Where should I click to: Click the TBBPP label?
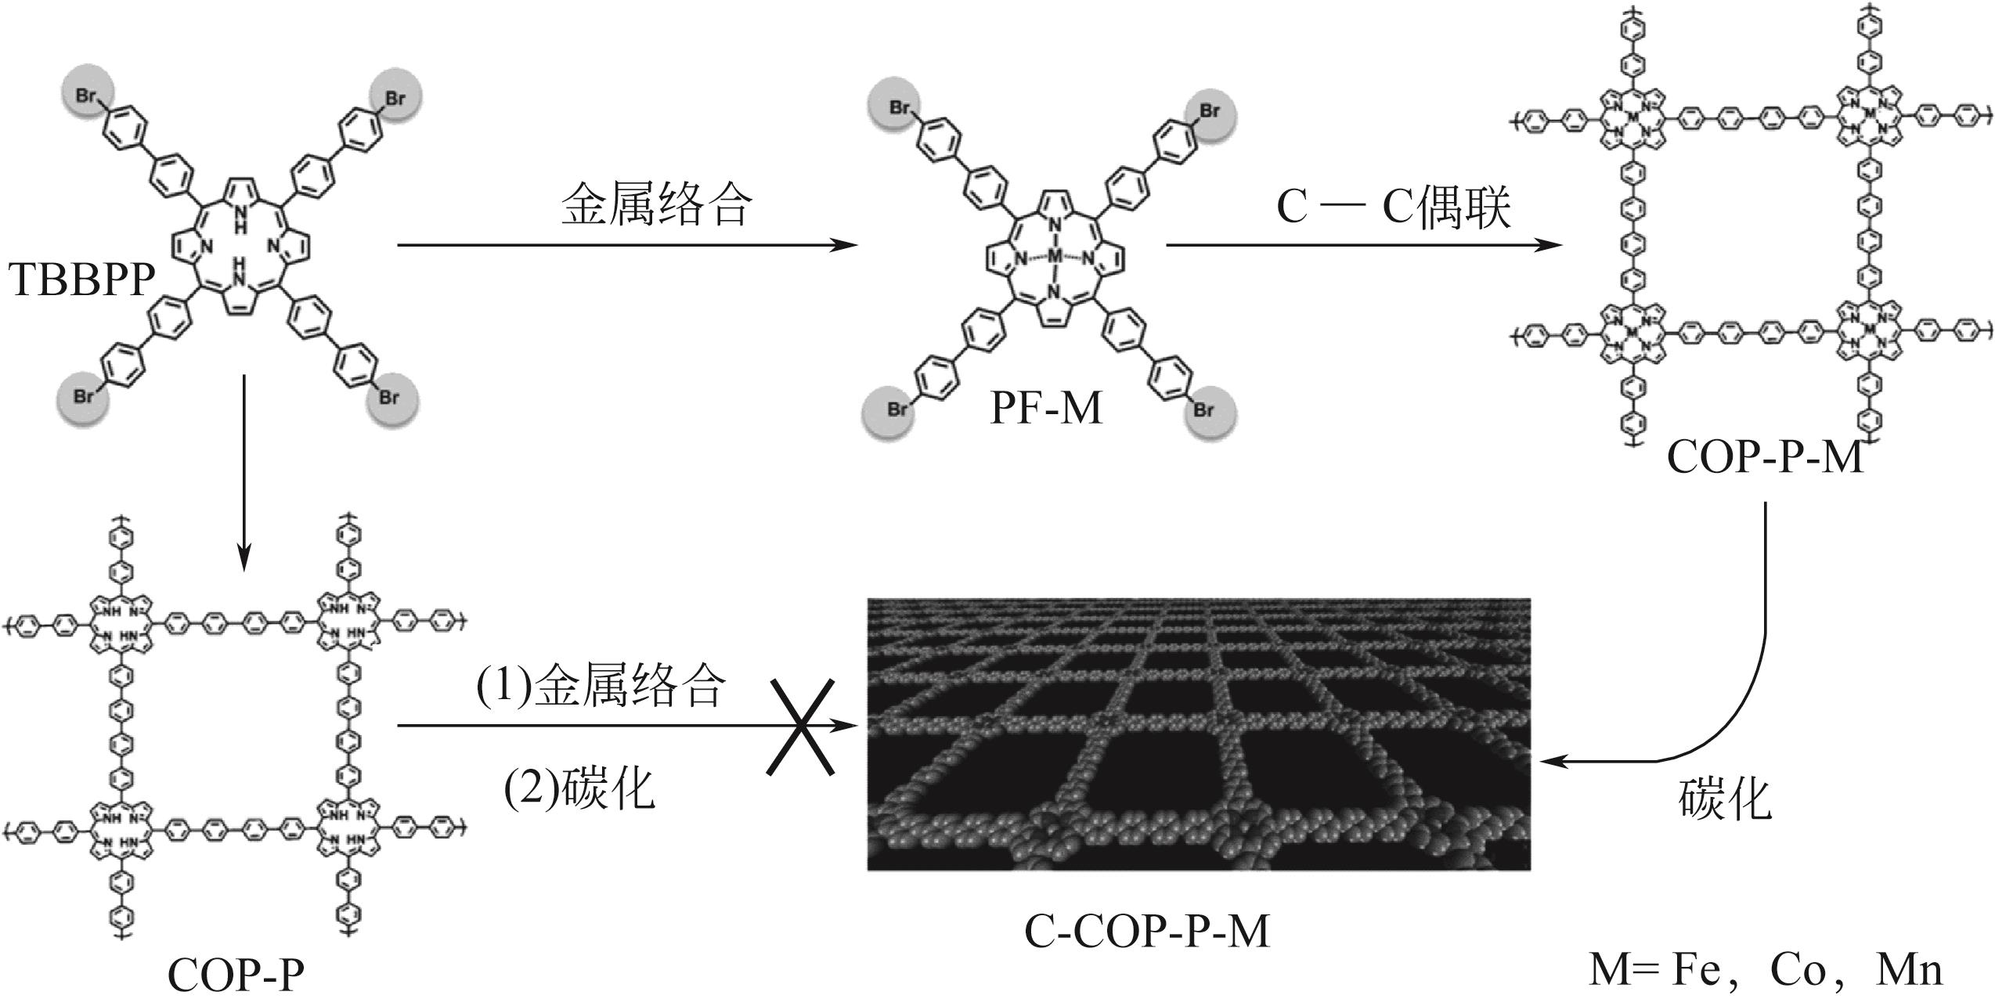(x=81, y=280)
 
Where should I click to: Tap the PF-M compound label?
(x=1046, y=409)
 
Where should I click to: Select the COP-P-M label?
(x=1765, y=457)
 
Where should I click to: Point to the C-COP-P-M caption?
(x=1146, y=932)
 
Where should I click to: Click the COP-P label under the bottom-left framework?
(x=236, y=975)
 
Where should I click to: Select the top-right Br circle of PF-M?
(x=1210, y=111)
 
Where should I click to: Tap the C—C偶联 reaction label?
(x=1394, y=208)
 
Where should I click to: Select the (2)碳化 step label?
(x=579, y=788)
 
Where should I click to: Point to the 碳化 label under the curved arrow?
(x=1724, y=800)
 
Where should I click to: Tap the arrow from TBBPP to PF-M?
(x=626, y=245)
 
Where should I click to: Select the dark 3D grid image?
(x=1198, y=734)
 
